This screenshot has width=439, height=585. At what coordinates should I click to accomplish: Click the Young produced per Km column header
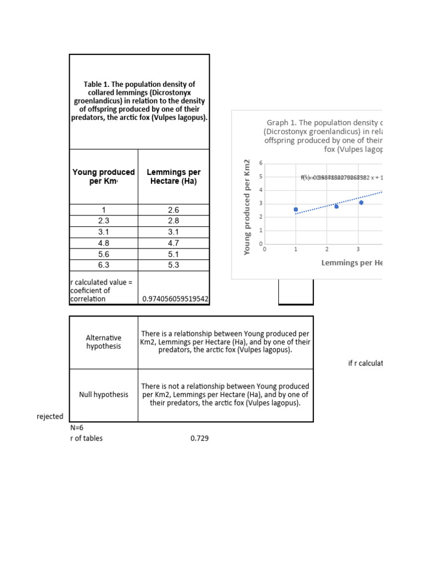coord(103,176)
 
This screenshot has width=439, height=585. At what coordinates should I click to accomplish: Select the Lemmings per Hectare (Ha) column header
coord(174,176)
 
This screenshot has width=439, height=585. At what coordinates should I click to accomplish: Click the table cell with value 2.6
coord(174,210)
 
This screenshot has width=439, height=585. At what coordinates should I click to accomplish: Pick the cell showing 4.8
coord(103,243)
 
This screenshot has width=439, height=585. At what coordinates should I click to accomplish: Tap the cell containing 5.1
coord(174,254)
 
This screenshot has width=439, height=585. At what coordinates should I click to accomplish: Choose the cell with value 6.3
coord(103,265)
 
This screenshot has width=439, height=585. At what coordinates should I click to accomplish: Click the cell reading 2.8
coord(174,221)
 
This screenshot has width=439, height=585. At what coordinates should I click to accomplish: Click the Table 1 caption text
coord(139,101)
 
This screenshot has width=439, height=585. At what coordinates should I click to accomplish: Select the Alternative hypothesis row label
coord(103,342)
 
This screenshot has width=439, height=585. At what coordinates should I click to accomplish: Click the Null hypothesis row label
coord(103,395)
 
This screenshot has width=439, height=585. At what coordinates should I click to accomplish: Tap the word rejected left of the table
coord(50,416)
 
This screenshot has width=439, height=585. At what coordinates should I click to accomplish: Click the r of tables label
coord(86,438)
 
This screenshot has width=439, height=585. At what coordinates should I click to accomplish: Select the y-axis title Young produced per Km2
coord(247,207)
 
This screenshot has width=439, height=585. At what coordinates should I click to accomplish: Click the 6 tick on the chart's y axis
coord(261,163)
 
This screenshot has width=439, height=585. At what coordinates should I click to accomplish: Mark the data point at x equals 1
coord(296,210)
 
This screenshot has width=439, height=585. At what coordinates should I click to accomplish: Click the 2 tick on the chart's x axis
coord(327,250)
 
